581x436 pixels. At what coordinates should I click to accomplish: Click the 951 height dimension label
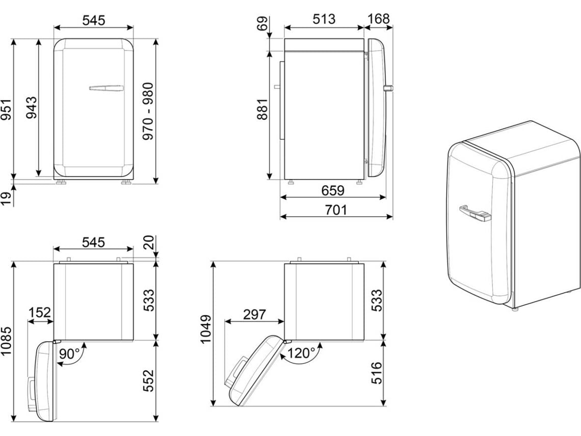[x=6, y=110]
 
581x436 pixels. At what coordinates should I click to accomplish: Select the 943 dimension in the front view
[x=32, y=108]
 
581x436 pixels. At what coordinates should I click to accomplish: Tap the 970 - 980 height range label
[x=148, y=111]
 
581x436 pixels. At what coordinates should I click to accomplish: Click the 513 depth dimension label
[x=324, y=19]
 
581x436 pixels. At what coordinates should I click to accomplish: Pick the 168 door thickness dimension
[x=379, y=18]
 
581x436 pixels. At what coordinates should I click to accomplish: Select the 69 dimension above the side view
[x=262, y=24]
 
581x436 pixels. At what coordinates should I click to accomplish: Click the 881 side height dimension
[x=262, y=109]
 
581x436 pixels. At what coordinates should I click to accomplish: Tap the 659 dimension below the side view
[x=333, y=191]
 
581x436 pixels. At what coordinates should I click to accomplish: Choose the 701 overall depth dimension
[x=336, y=210]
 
